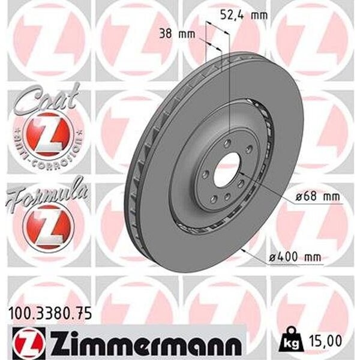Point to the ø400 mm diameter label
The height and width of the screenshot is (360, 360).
[x=295, y=257]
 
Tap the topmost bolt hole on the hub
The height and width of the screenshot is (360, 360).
[x=227, y=143]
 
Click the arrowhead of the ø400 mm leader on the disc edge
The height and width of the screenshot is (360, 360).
[x=242, y=247]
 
